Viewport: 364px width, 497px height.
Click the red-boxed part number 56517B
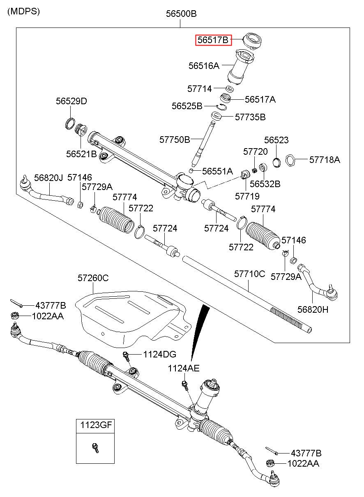coord(213,40)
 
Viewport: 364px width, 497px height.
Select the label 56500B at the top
coord(181,14)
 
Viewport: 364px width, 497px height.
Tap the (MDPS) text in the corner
coord(24,11)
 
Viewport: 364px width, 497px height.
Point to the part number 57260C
coord(93,278)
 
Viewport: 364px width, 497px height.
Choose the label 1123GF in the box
coord(95,425)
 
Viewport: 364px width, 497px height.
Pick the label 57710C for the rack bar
coord(250,274)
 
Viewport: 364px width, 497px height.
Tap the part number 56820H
coord(313,310)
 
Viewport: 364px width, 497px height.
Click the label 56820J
coord(48,177)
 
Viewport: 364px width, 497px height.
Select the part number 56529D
coord(71,101)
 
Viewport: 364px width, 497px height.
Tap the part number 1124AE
coord(183,369)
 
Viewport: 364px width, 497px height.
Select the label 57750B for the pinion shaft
coord(175,140)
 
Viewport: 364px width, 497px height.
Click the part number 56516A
coord(204,65)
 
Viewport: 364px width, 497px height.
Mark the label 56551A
coord(217,171)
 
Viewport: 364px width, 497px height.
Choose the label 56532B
coord(265,184)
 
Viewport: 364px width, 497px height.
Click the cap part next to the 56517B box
coord(252,41)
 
